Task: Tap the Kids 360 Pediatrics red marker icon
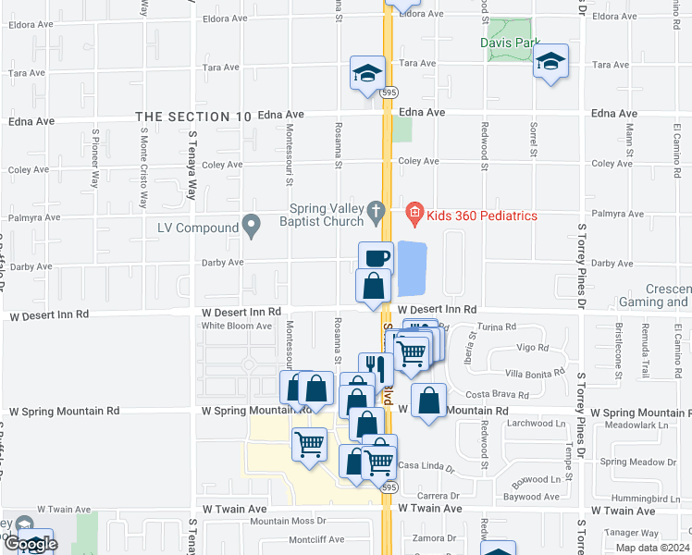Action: click(x=414, y=216)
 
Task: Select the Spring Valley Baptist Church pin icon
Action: click(x=375, y=213)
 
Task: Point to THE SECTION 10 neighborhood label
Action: click(x=193, y=117)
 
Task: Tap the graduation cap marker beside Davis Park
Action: click(x=551, y=62)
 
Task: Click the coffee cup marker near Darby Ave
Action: click(x=376, y=258)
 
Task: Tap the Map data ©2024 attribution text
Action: click(x=651, y=548)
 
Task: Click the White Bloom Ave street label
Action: click(x=237, y=326)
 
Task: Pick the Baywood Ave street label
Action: click(x=532, y=497)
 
